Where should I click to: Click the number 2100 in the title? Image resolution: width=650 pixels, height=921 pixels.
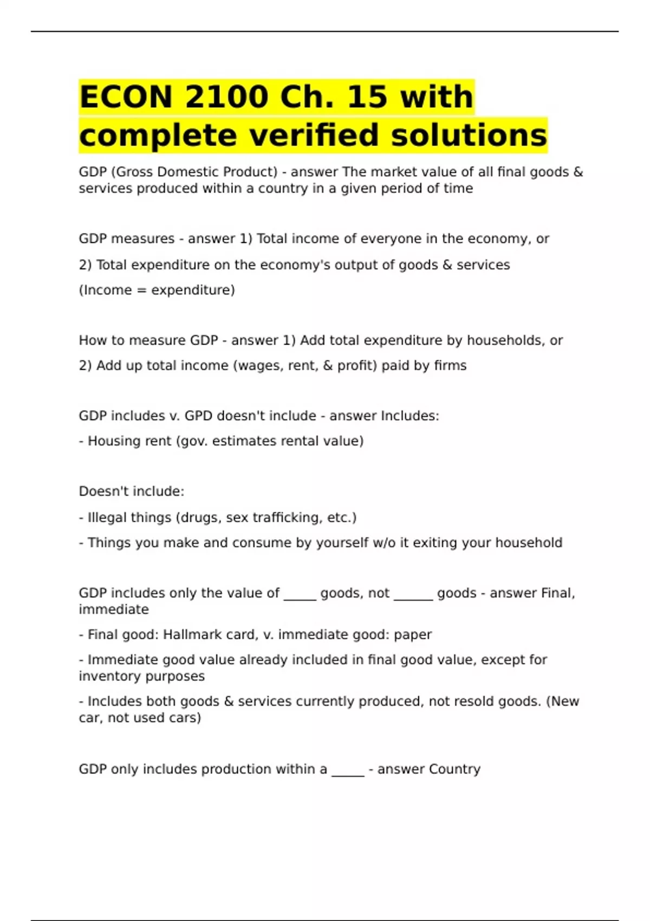[226, 97]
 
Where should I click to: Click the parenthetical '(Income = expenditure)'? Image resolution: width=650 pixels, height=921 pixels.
[157, 290]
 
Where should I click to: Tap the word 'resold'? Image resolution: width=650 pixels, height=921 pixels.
[467, 701]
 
